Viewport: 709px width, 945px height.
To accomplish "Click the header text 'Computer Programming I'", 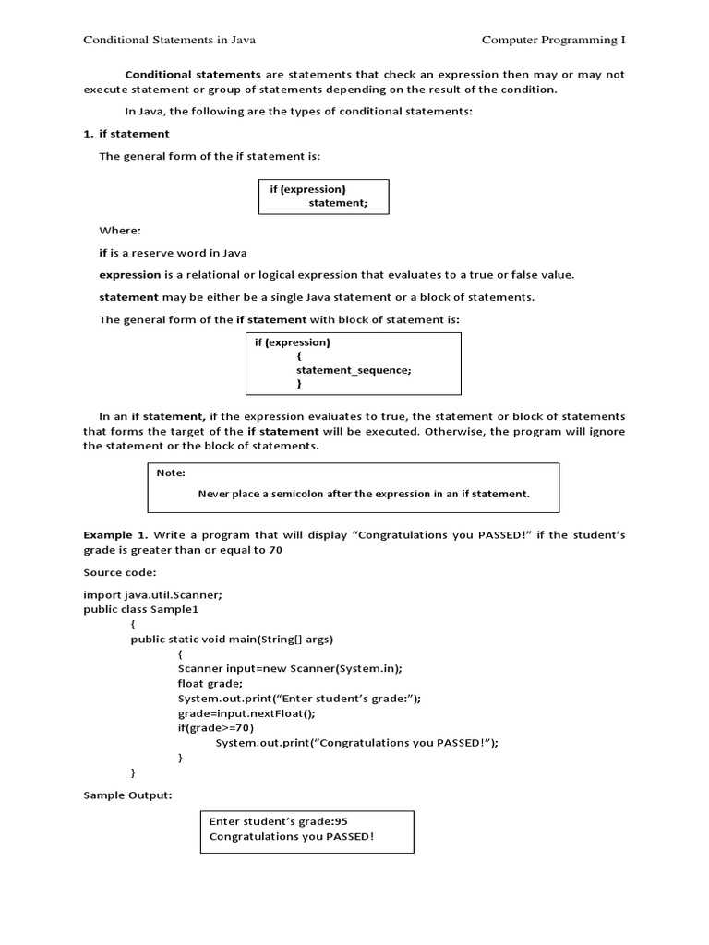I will [x=553, y=40].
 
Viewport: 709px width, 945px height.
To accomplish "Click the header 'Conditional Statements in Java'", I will [x=170, y=40].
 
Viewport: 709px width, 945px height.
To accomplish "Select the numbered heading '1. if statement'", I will [x=126, y=134].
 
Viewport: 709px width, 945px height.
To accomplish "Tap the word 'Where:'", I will [x=120, y=230].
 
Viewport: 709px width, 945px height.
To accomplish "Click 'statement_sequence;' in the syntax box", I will [x=354, y=369].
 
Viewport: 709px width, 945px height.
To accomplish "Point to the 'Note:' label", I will [x=171, y=472].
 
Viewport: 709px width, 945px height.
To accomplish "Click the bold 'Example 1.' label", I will [x=115, y=535].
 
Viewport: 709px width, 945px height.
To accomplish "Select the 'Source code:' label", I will [x=119, y=573].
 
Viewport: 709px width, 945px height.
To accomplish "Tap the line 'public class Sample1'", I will [x=140, y=610].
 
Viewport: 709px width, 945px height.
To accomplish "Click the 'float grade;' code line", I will [x=210, y=684].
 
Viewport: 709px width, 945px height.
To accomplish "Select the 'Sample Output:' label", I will [x=127, y=795].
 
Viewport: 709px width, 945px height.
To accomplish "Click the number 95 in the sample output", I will [x=341, y=820].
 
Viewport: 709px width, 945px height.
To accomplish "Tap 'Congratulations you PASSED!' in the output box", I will [x=292, y=837].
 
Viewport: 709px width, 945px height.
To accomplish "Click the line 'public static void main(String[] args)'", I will [x=232, y=640].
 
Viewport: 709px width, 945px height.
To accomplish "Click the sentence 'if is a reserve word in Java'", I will [x=173, y=252].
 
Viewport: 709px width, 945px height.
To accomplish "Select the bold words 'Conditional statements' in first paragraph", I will [x=193, y=74].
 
